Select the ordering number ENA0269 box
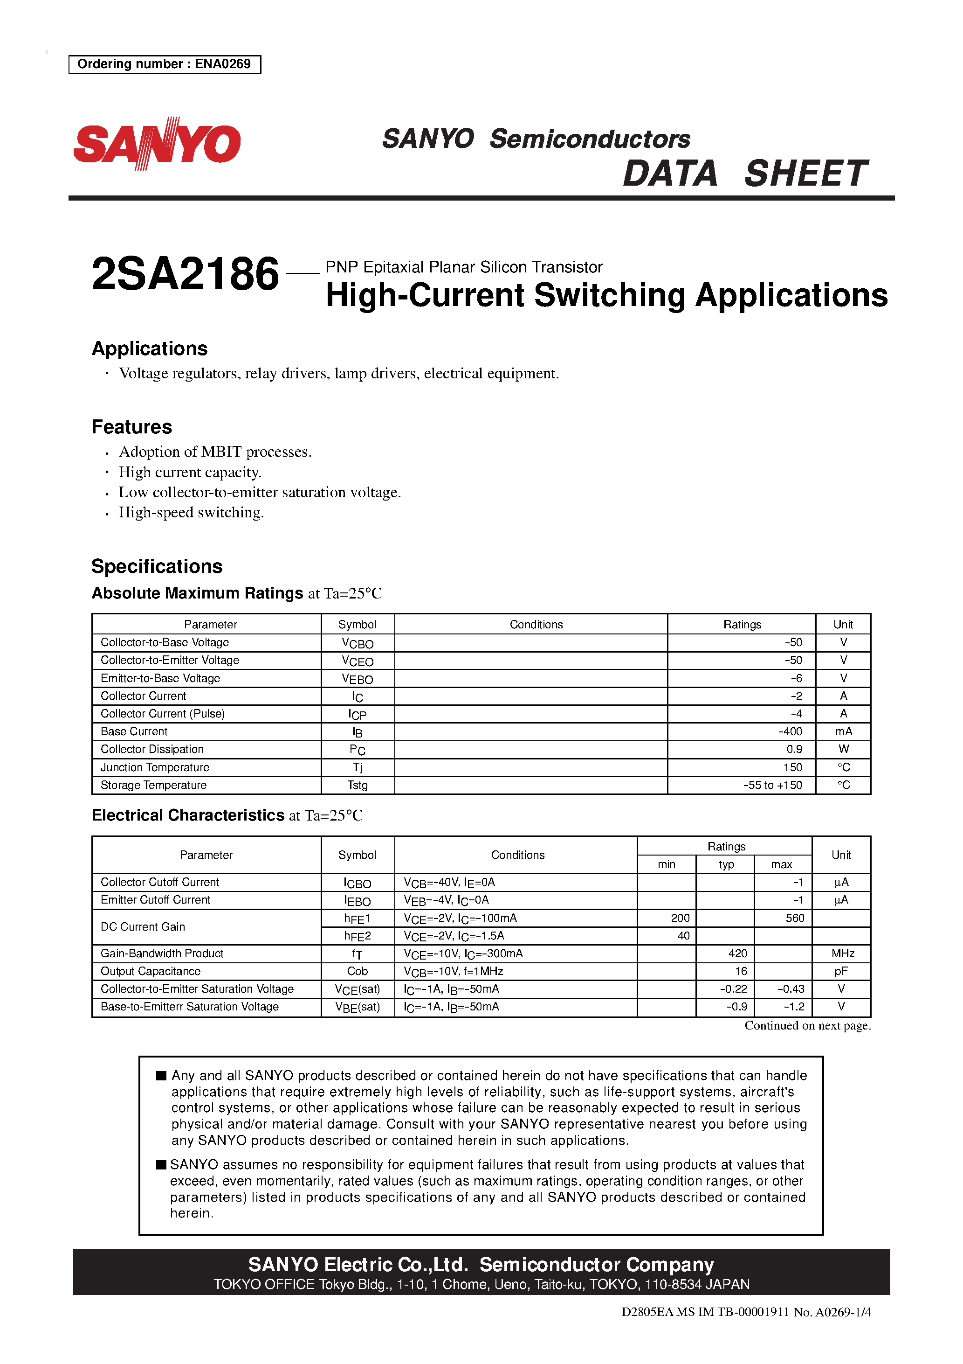165,64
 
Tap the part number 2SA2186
185,274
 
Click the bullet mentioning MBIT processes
215,452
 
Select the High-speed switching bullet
191,513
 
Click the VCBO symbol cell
358,643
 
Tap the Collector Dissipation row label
152,749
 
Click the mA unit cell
843,731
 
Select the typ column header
726,864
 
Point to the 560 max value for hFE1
794,918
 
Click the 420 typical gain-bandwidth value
737,953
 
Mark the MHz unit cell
842,953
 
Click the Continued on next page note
807,1025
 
